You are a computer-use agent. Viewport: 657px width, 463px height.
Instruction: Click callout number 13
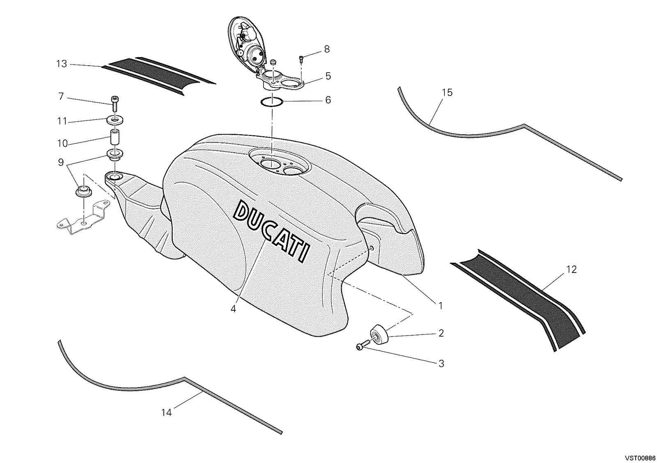(x=62, y=64)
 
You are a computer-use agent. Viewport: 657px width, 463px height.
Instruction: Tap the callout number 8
(x=327, y=49)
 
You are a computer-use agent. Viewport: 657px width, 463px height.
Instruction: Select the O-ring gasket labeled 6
(x=272, y=102)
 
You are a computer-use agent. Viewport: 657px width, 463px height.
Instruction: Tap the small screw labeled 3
(x=364, y=345)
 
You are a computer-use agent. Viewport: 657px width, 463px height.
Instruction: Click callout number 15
(x=447, y=93)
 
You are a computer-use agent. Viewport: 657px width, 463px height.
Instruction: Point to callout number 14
(x=166, y=413)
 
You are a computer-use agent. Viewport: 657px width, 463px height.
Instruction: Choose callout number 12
(x=571, y=270)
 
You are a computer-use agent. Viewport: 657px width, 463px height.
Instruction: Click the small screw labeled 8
(x=301, y=59)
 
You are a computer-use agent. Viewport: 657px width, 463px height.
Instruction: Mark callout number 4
(x=233, y=309)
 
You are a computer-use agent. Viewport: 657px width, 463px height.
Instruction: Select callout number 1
(x=440, y=306)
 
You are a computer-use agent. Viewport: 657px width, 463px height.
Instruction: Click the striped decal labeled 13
(x=159, y=76)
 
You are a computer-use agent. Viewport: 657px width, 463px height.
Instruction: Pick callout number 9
(x=61, y=162)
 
